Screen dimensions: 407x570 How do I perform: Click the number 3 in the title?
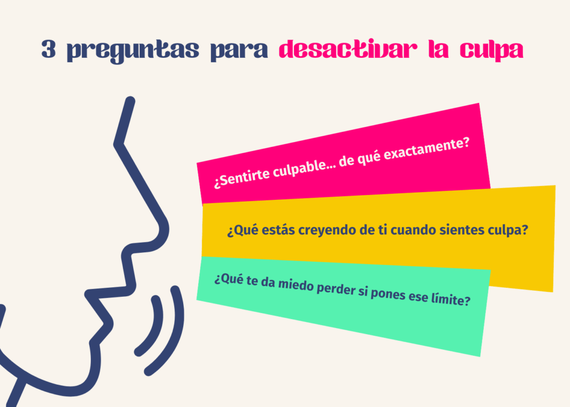[x=49, y=51]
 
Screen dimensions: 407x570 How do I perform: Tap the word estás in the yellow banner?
[x=273, y=231]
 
